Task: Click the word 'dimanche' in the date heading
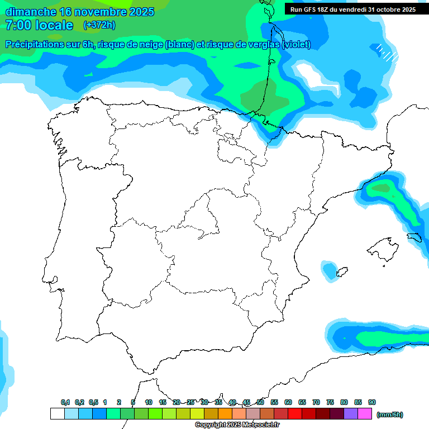coord(30,12)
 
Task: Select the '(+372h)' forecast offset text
coord(99,25)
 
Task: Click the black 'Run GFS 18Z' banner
coord(352,9)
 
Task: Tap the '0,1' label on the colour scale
coord(65,402)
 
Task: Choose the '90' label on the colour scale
coord(372,402)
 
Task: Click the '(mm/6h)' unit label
coord(390,414)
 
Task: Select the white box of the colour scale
coord(57,413)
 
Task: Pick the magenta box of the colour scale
coord(365,413)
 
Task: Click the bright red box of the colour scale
coord(295,413)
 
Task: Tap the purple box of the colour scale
coord(351,413)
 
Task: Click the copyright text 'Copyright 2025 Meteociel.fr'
coord(237,425)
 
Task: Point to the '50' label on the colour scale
coord(260,402)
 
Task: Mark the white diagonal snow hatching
coord(387,53)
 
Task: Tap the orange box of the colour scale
coord(225,413)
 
